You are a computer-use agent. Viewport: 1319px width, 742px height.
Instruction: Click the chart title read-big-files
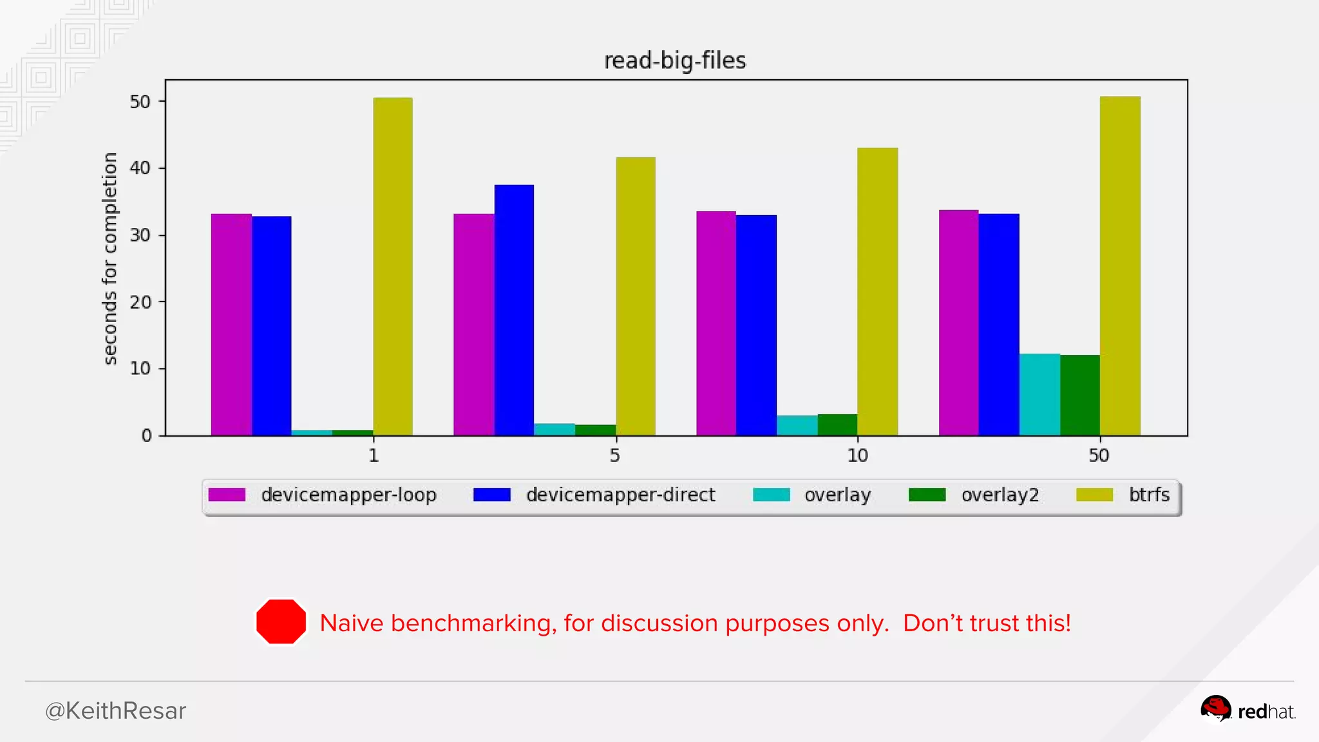click(674, 61)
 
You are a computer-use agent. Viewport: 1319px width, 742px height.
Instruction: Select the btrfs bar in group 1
click(393, 267)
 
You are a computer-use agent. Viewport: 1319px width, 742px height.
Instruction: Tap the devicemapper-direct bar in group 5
click(514, 310)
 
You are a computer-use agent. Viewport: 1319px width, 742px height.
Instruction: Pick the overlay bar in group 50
click(1039, 394)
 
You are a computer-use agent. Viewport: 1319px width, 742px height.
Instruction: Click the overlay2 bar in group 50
click(1080, 395)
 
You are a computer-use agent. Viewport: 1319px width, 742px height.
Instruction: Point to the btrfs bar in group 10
click(877, 292)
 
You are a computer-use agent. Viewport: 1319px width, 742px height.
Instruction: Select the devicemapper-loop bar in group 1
click(231, 325)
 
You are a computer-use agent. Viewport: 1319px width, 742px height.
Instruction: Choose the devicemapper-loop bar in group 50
click(959, 323)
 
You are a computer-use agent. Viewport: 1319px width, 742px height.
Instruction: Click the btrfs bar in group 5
click(636, 296)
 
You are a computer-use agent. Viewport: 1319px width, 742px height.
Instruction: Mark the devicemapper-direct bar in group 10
click(756, 325)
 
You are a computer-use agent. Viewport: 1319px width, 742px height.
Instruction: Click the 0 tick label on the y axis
click(147, 436)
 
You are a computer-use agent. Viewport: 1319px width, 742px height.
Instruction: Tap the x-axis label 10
click(857, 456)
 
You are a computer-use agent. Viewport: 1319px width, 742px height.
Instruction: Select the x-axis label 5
click(615, 456)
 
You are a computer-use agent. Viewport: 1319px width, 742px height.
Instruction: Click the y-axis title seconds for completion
click(110, 258)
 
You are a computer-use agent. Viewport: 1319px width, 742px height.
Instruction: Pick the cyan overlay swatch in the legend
click(771, 495)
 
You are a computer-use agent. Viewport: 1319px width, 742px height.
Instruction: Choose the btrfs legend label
click(1149, 495)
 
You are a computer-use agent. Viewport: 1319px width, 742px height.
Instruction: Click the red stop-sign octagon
click(281, 622)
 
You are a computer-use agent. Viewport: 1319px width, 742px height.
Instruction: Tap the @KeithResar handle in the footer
click(115, 711)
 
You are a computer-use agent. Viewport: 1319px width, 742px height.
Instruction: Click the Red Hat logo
click(1248, 710)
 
